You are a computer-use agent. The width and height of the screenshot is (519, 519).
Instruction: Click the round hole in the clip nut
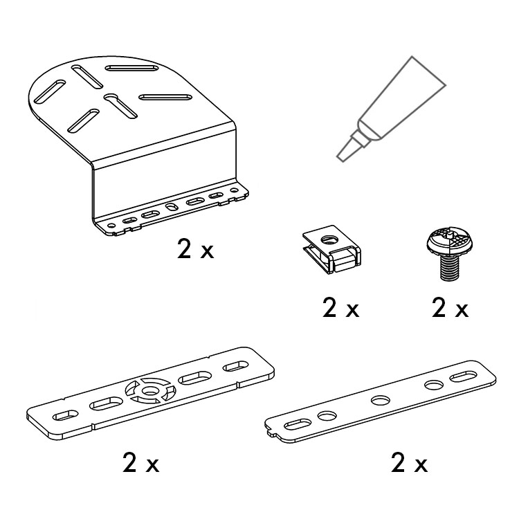329,238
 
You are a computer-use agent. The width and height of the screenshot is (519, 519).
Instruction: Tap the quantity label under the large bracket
196,249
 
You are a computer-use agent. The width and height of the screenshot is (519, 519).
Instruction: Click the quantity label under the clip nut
341,308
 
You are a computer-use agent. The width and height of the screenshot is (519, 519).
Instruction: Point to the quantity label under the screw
450,308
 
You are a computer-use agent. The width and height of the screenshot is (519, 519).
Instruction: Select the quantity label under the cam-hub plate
141,463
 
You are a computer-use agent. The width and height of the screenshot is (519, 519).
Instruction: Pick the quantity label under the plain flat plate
410,463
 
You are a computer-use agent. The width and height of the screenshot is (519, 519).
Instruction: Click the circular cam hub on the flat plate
149,390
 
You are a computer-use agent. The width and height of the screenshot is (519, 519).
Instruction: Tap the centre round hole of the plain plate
381,401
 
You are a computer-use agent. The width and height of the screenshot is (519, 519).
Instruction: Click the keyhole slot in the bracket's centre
120,106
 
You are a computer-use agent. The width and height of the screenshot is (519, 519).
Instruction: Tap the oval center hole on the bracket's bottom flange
172,207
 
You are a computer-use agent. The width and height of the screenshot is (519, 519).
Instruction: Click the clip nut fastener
331,249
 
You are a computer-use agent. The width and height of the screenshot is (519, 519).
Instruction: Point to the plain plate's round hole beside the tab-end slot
327,415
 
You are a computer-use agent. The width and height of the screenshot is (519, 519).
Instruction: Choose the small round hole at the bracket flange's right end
234,191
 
